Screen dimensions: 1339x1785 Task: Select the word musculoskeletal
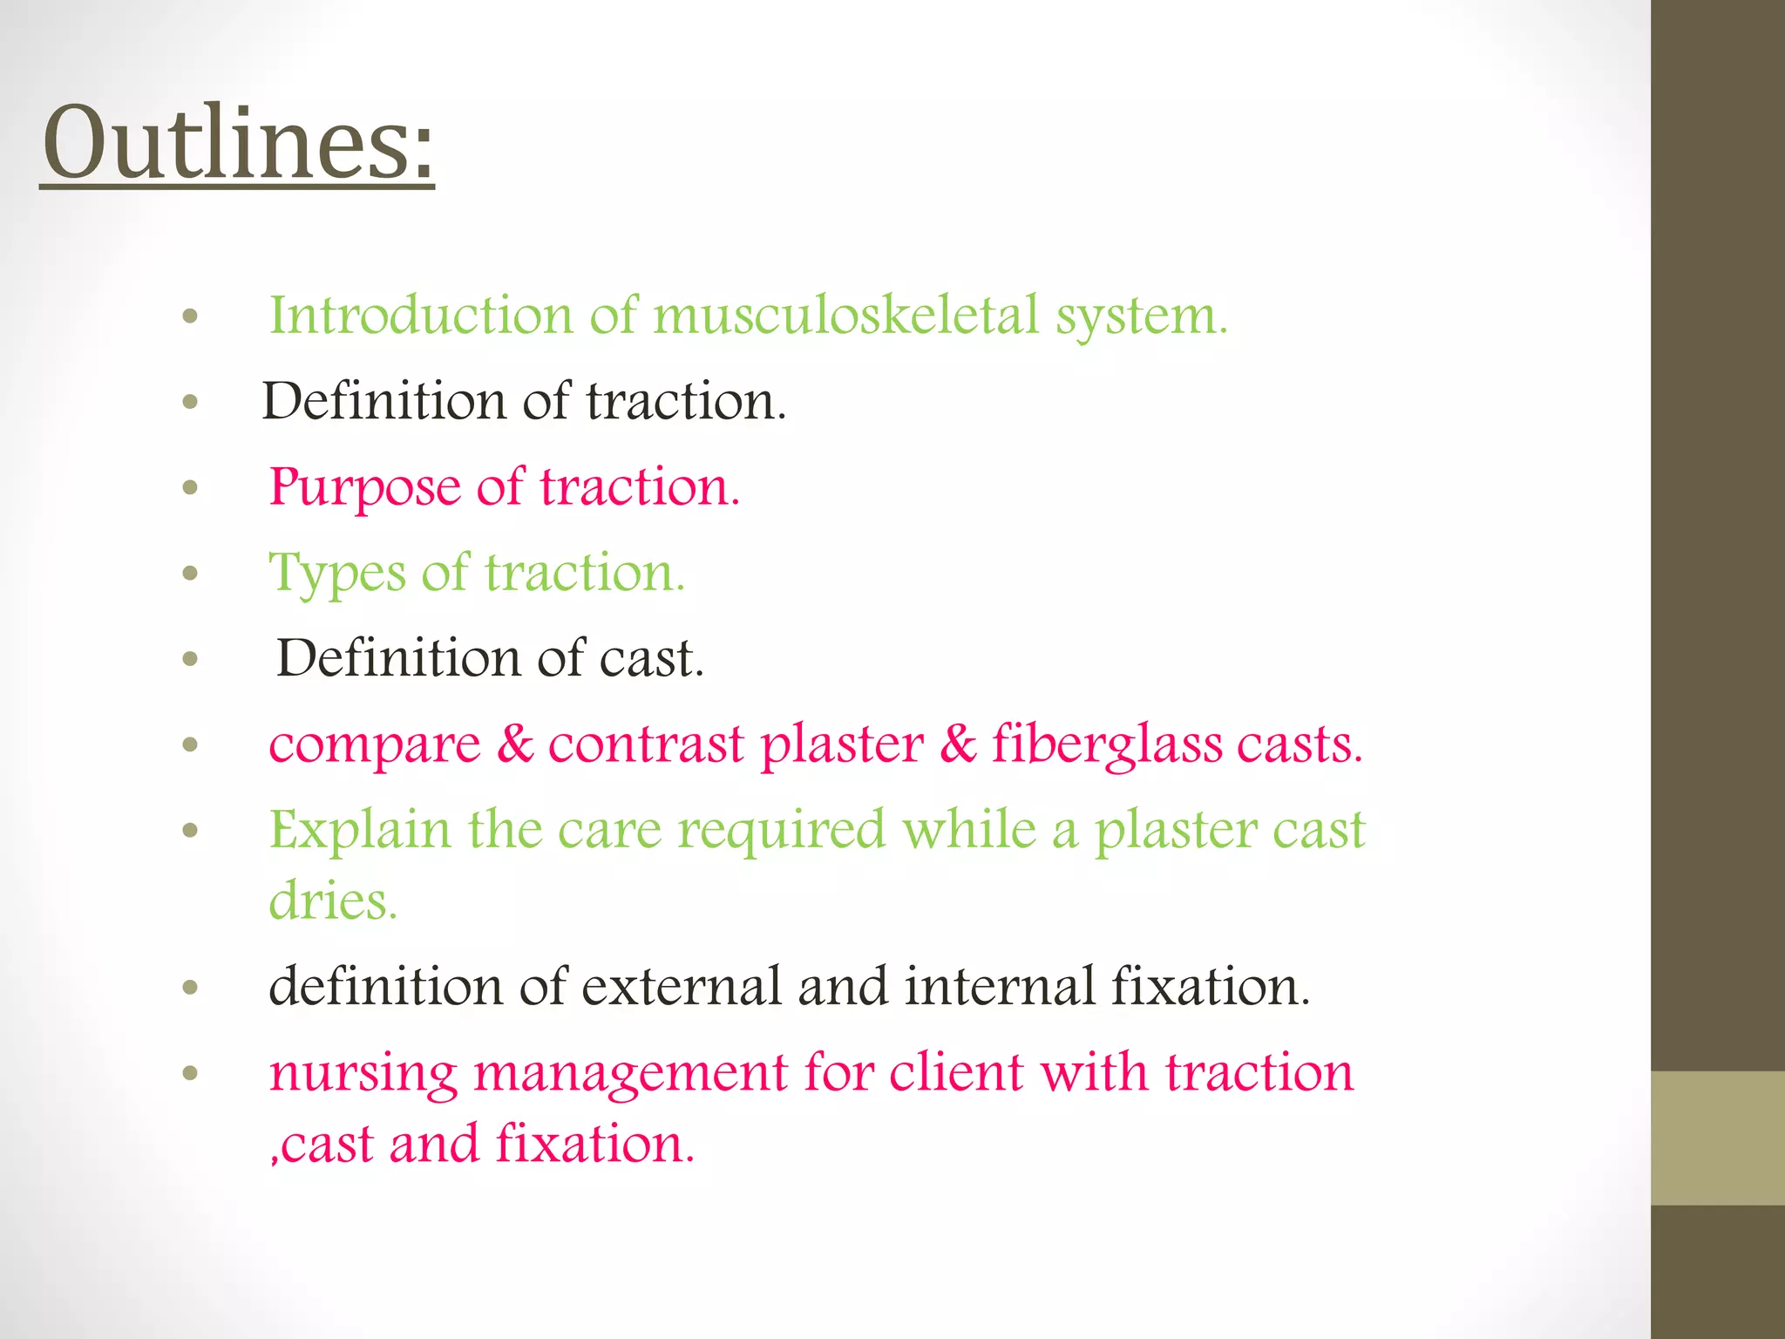846,315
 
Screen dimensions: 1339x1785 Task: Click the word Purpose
364,487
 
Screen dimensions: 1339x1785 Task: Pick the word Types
337,574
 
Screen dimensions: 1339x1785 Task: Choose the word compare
375,745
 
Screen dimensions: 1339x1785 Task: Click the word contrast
646,745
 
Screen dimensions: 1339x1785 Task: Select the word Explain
359,830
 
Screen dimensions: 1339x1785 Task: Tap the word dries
333,901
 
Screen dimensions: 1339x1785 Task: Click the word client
956,1072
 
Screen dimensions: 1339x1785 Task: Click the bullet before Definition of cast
191,660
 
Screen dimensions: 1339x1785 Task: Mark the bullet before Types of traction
191,574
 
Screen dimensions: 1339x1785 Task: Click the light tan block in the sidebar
1717,1138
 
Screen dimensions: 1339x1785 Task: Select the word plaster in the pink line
841,745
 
